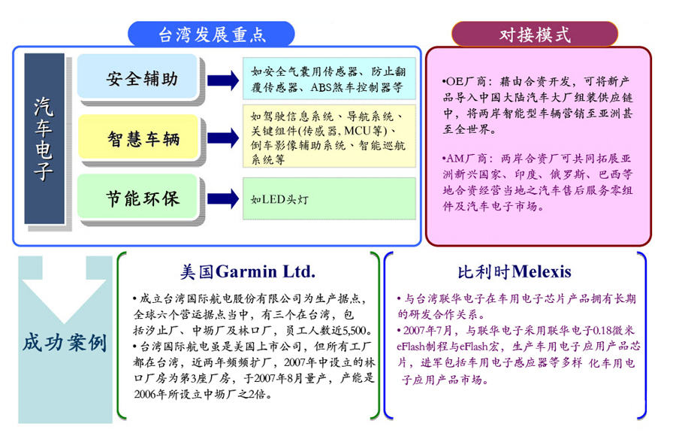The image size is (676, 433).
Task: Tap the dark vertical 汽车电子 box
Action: (x=44, y=139)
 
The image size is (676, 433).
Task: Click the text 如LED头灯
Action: (x=279, y=200)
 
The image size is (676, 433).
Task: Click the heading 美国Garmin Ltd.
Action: (x=247, y=271)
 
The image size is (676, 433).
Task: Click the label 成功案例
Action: (x=64, y=343)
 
